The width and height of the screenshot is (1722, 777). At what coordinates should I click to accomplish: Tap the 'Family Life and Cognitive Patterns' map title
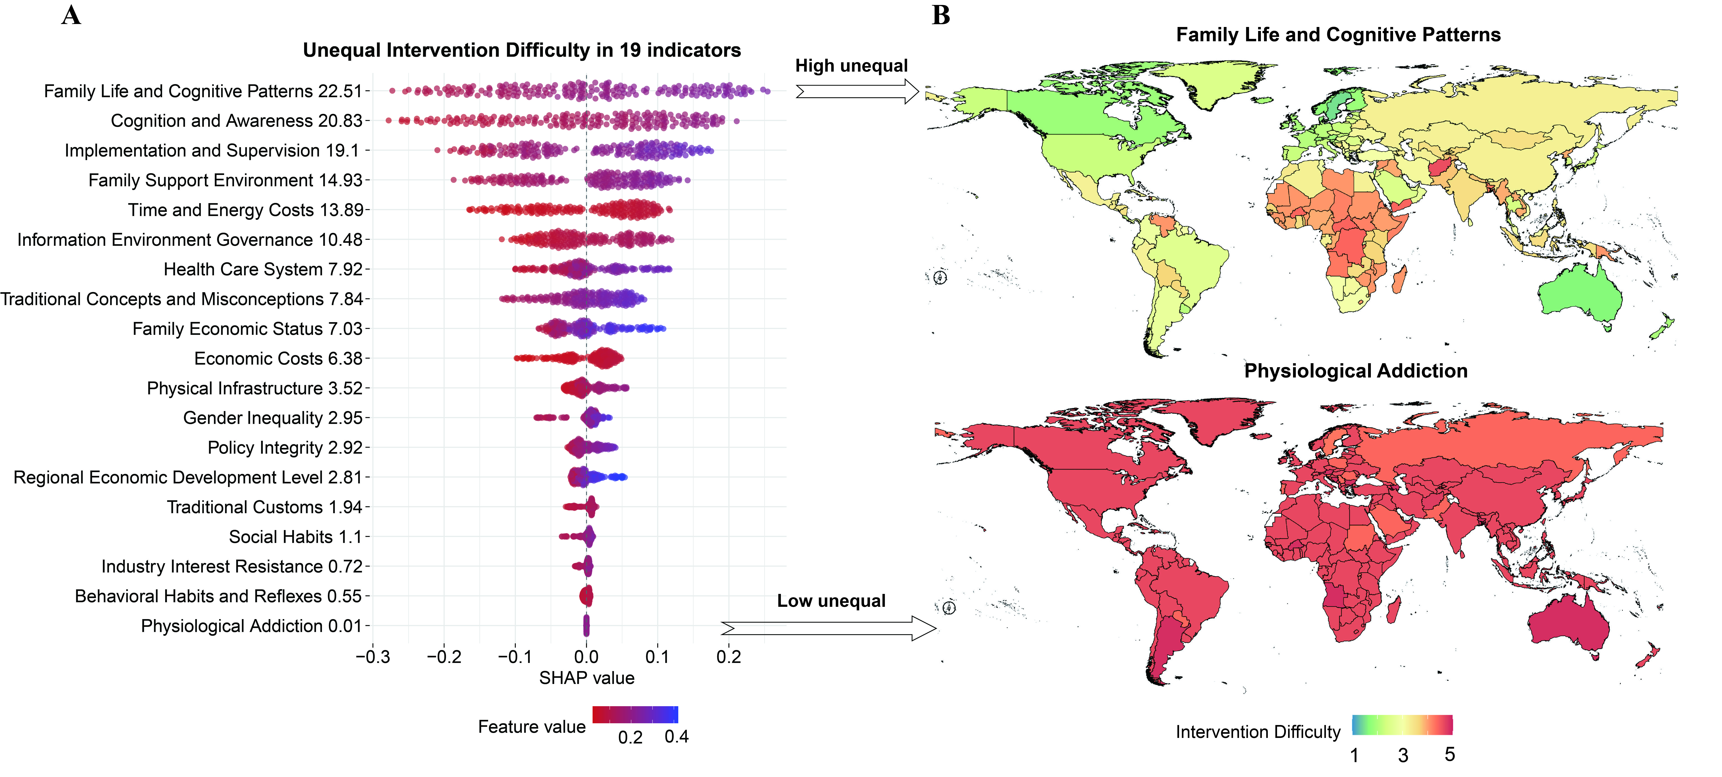[1338, 35]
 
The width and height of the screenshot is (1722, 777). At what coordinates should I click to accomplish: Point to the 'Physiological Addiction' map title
[1356, 371]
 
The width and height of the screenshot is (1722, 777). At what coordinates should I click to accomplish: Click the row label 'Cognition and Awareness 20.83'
[237, 121]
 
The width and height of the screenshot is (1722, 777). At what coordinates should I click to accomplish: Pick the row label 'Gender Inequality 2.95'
[273, 418]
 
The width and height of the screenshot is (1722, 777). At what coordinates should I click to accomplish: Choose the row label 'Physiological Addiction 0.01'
[251, 626]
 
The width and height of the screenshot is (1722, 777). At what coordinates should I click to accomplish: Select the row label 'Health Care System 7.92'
[263, 269]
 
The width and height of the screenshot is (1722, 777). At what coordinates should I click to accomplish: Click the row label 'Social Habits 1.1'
[295, 537]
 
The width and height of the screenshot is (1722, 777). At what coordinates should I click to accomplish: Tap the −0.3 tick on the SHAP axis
[373, 657]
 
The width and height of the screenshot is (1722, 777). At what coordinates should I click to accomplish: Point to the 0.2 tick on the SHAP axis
[729, 657]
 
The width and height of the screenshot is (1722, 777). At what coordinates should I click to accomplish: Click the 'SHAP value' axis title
[587, 678]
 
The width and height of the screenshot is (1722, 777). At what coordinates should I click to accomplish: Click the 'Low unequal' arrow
[829, 628]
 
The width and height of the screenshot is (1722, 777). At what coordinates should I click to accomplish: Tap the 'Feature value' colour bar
[635, 714]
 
